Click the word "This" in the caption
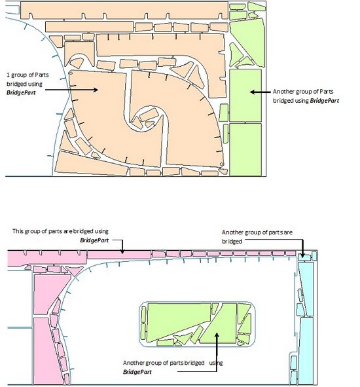click(18, 231)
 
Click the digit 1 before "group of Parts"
click(8, 75)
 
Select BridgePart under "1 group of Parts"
click(21, 92)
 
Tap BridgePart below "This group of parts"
click(94, 240)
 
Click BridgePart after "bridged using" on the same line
click(324, 100)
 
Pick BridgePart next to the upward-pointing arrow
click(137, 372)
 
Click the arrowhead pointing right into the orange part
click(96, 90)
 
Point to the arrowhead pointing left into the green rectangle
click(253, 92)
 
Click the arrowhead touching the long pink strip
click(122, 251)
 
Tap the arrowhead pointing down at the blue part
click(303, 255)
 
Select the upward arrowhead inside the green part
click(217, 335)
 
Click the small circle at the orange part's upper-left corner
click(71, 73)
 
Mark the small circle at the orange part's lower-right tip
click(221, 164)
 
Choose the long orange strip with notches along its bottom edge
click(124, 10)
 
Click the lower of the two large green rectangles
click(245, 149)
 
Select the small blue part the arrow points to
click(304, 257)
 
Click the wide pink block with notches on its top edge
click(47, 258)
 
